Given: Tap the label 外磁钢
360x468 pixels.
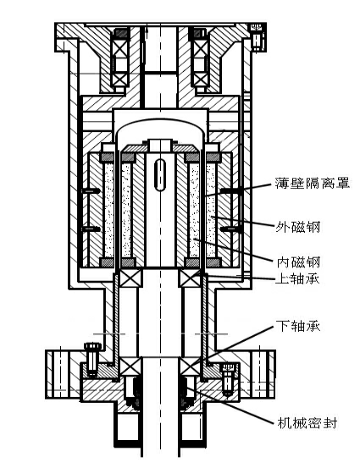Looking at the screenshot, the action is pos(297,227).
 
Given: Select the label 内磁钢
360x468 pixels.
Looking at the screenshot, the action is pos(298,262).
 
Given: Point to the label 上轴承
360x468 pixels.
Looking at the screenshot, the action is pos(297,279).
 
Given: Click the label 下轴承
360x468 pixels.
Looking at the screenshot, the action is pos(298,326).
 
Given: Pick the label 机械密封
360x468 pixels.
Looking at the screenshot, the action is pos(307,422).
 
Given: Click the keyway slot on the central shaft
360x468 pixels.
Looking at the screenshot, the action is pos(160,175).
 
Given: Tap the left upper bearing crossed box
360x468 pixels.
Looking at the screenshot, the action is pos(130,278).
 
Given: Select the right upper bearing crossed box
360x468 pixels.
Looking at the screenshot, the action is pos(190,278).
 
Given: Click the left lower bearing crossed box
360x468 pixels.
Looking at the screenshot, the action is pos(130,366).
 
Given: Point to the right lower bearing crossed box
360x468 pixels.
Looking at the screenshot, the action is pos(190,366).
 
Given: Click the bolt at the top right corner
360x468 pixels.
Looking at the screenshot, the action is pos(258,36).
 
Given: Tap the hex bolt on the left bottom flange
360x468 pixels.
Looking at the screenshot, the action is pos(92,360).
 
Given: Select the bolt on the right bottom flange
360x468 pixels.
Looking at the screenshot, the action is pos(228,379).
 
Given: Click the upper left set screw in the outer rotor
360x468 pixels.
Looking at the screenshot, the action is pos(91,190).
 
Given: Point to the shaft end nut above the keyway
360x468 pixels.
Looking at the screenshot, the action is pos(161,146).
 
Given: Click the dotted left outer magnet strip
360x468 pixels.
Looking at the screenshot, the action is pos(109,210).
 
